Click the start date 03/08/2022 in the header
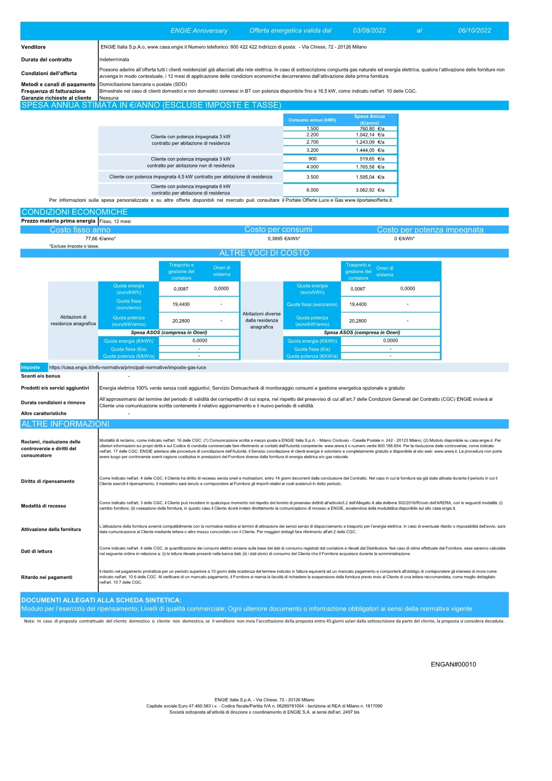369,31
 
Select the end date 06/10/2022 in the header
474,31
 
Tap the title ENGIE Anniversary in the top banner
199,31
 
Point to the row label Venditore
33,47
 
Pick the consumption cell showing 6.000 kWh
312,190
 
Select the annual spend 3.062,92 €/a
370,190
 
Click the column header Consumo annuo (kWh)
312,120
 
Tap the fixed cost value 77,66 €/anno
101,238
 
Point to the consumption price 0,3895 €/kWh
284,238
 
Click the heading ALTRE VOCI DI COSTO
264,253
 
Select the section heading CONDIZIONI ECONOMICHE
75,212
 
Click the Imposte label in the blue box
31,367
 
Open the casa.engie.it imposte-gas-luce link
127,367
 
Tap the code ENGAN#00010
453,664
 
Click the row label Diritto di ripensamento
48,481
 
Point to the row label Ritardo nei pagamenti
47,577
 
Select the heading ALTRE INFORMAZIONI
65,424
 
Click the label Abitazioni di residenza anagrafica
73,320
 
